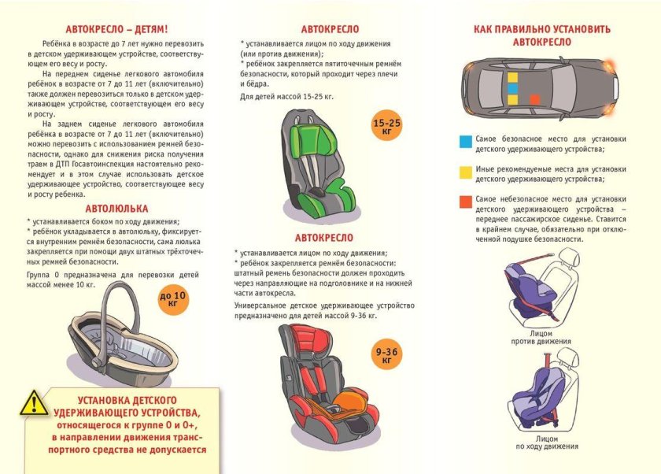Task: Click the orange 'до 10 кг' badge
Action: [174, 298]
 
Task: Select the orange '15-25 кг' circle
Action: [386, 127]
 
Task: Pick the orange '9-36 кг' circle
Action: [386, 355]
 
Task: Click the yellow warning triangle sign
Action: [34, 402]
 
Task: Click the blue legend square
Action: [465, 142]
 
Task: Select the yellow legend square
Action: [465, 172]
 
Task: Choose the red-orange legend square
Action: [465, 202]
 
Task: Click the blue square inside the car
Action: [512, 90]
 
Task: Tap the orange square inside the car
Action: [535, 99]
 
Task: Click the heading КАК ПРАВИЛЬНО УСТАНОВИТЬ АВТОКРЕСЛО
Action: [541, 35]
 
